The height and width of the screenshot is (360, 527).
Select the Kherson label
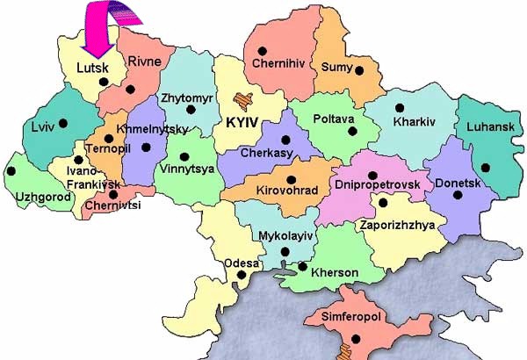click(x=333, y=273)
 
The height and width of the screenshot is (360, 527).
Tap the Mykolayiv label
click(x=285, y=236)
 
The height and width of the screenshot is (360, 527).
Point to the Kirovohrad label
click(x=283, y=189)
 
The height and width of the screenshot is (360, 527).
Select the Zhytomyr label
click(x=187, y=99)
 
